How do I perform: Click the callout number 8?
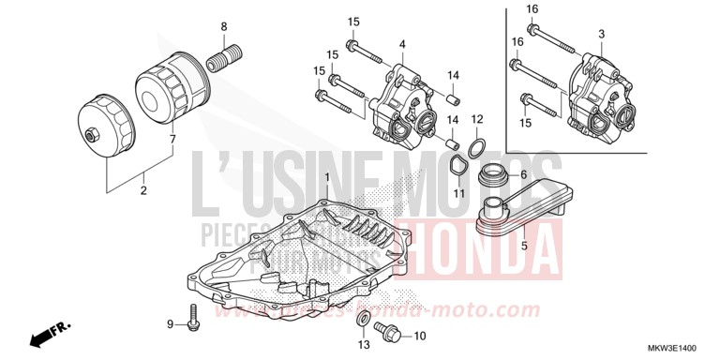(x=223, y=25)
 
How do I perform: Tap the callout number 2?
(x=143, y=191)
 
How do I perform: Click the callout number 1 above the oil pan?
(x=327, y=177)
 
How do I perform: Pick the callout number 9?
(x=170, y=324)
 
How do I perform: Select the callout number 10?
(x=419, y=336)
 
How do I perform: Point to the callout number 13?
(x=363, y=345)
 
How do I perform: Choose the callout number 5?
(x=524, y=247)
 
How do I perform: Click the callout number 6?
(x=524, y=175)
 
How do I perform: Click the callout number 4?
(x=401, y=44)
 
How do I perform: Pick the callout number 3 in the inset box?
(x=601, y=34)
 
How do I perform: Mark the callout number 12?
(x=477, y=119)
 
